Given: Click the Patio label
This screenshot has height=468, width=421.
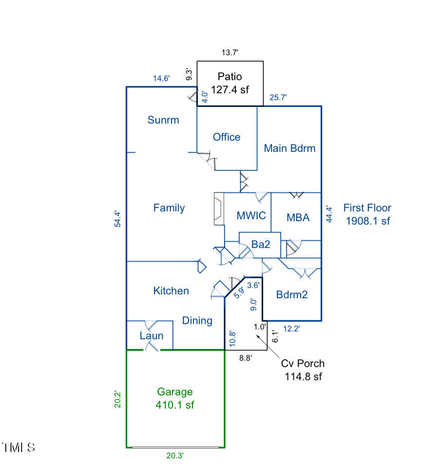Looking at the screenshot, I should tap(230, 77).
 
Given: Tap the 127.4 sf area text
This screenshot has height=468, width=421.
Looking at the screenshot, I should tap(230, 89).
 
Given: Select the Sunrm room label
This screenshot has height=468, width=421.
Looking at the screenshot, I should tap(163, 120).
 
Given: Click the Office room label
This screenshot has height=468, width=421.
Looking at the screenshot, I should tap(227, 137).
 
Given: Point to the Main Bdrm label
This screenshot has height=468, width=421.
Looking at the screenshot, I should tap(289, 148).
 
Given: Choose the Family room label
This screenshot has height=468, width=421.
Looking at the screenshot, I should tap(169, 208).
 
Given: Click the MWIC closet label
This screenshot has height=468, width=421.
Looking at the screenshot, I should tap(251, 215).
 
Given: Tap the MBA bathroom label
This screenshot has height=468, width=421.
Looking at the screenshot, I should tap(298, 217).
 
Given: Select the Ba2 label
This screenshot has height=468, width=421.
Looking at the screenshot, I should tap(261, 244).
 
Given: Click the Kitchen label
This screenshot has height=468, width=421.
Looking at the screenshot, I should tap(171, 291).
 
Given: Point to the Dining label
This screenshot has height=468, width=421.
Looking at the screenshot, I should tap(197, 321).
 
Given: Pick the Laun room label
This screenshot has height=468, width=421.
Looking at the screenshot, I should tap(152, 336).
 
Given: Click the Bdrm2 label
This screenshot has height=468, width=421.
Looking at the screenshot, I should tap(292, 295).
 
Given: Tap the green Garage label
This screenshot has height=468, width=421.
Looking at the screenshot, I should tap(175, 392).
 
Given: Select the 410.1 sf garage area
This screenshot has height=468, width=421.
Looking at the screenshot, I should tap(175, 405).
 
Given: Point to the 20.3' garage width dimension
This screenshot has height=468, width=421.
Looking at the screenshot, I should tap(175, 455).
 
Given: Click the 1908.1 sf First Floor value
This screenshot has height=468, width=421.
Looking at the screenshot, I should tap(368, 221).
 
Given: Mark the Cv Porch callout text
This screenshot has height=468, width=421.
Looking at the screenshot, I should tap(303, 364).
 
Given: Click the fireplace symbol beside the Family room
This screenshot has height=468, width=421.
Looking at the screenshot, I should tap(219, 209).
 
